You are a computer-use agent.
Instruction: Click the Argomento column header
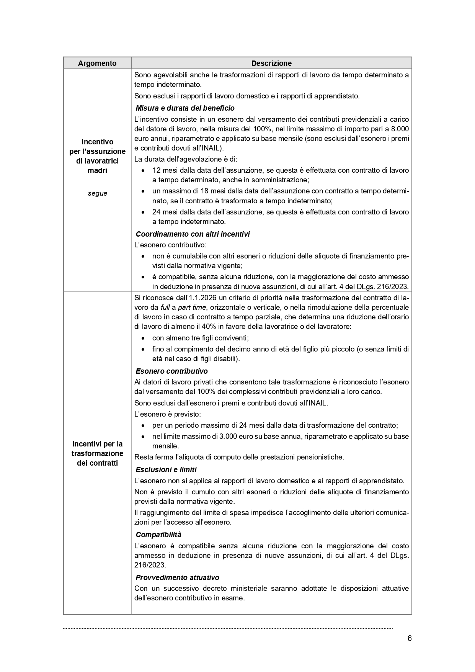pyautogui.click(x=97, y=63)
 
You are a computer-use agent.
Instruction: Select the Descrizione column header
pyautogui.click(x=271, y=63)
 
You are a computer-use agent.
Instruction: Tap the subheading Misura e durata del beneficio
pyautogui.click(x=185, y=108)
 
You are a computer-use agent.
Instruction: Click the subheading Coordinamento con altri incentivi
pyautogui.click(x=193, y=234)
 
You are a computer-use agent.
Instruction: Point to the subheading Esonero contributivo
pyautogui.click(x=171, y=371)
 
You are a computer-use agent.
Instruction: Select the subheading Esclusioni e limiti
pyautogui.click(x=166, y=469)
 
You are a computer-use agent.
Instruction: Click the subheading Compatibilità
pyautogui.click(x=158, y=535)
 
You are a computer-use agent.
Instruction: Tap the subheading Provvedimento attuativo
pyautogui.click(x=177, y=577)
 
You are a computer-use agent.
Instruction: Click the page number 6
pyautogui.click(x=410, y=638)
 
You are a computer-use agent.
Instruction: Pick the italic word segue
pyautogui.click(x=97, y=193)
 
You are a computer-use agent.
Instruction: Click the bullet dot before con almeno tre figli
pyautogui.click(x=143, y=338)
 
